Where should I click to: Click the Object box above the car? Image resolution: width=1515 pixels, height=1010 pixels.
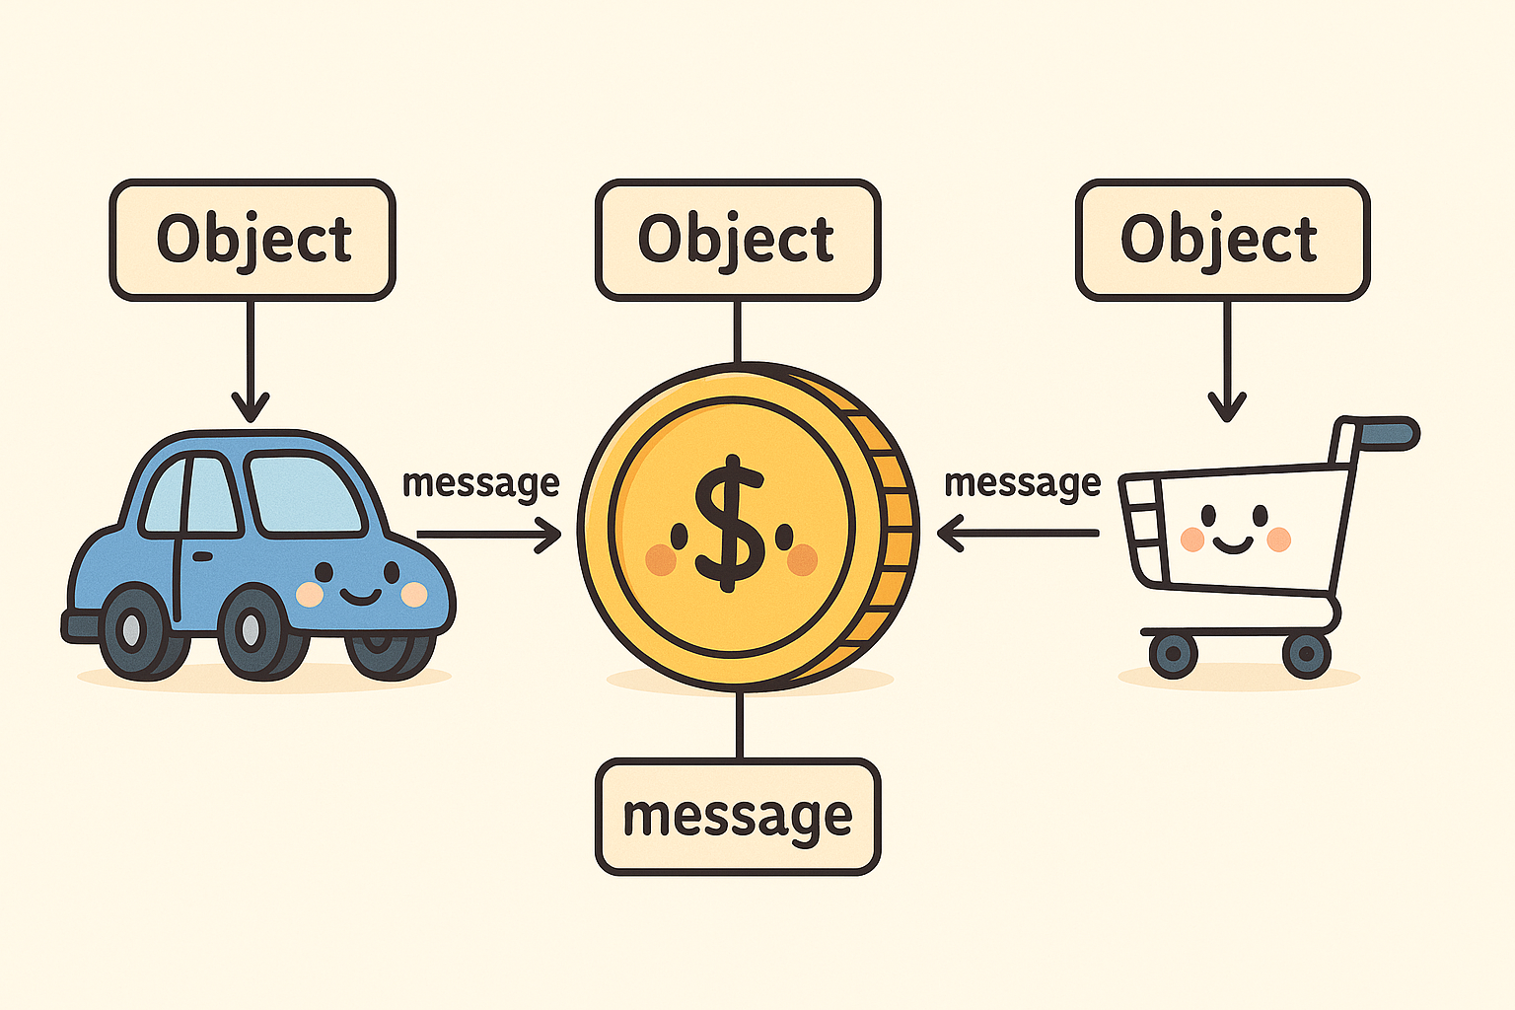click(x=252, y=240)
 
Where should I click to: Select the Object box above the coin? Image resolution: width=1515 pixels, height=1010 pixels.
click(x=737, y=240)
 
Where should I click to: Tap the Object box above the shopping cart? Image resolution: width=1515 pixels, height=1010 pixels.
click(x=1222, y=240)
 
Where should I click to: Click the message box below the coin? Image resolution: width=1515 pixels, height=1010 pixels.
click(x=737, y=817)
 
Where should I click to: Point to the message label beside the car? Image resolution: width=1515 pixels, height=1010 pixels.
click(x=480, y=483)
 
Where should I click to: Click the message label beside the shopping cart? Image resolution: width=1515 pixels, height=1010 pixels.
click(x=1022, y=483)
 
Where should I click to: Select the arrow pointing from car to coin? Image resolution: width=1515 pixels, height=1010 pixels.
click(x=488, y=535)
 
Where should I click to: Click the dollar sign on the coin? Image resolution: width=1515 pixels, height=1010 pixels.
click(x=730, y=523)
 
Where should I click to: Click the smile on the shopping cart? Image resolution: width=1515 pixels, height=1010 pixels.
click(x=1233, y=542)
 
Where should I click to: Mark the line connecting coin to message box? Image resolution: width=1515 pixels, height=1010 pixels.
click(x=739, y=725)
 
